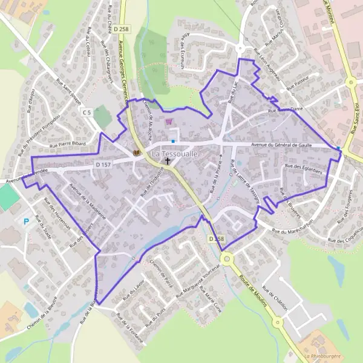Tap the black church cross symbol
pos(168,162)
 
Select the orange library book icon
pos(137,152)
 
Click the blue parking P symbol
pos(26,222)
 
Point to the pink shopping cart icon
pos(168,121)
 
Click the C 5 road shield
pos(87,113)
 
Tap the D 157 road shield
pos(103,165)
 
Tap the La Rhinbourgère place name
pos(324,356)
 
